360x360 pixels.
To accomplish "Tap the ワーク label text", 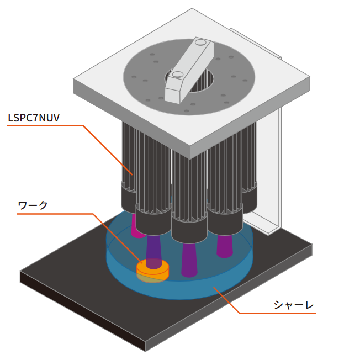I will point(33,205).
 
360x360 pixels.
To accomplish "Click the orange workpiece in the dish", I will point(152,269).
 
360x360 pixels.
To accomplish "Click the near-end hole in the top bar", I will point(177,74).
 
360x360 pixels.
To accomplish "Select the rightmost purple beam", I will point(225,245).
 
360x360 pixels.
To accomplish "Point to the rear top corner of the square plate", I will point(192,9).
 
